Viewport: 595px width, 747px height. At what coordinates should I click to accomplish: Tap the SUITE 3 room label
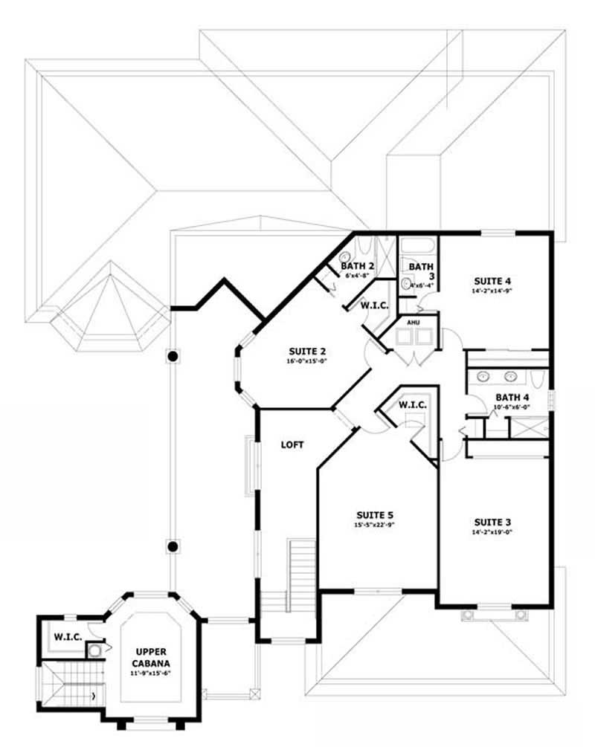(492, 522)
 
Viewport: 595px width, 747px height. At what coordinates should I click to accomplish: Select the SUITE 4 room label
(492, 281)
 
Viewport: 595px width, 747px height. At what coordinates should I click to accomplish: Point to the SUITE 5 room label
(374, 515)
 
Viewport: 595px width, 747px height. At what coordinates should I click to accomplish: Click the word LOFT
(292, 445)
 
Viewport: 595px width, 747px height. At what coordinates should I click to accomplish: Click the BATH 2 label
(357, 265)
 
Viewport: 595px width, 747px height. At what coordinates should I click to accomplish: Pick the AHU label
(412, 323)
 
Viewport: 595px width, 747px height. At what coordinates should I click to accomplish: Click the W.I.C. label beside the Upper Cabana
(67, 637)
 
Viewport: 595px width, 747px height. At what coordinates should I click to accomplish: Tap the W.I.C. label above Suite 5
(412, 405)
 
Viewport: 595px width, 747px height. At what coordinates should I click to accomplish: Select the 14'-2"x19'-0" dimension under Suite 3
(492, 532)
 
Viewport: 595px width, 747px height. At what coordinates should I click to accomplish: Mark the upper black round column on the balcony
(173, 357)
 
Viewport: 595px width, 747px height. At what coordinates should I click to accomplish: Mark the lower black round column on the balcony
(173, 546)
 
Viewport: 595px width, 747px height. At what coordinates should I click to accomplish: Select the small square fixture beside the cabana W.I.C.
(94, 652)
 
